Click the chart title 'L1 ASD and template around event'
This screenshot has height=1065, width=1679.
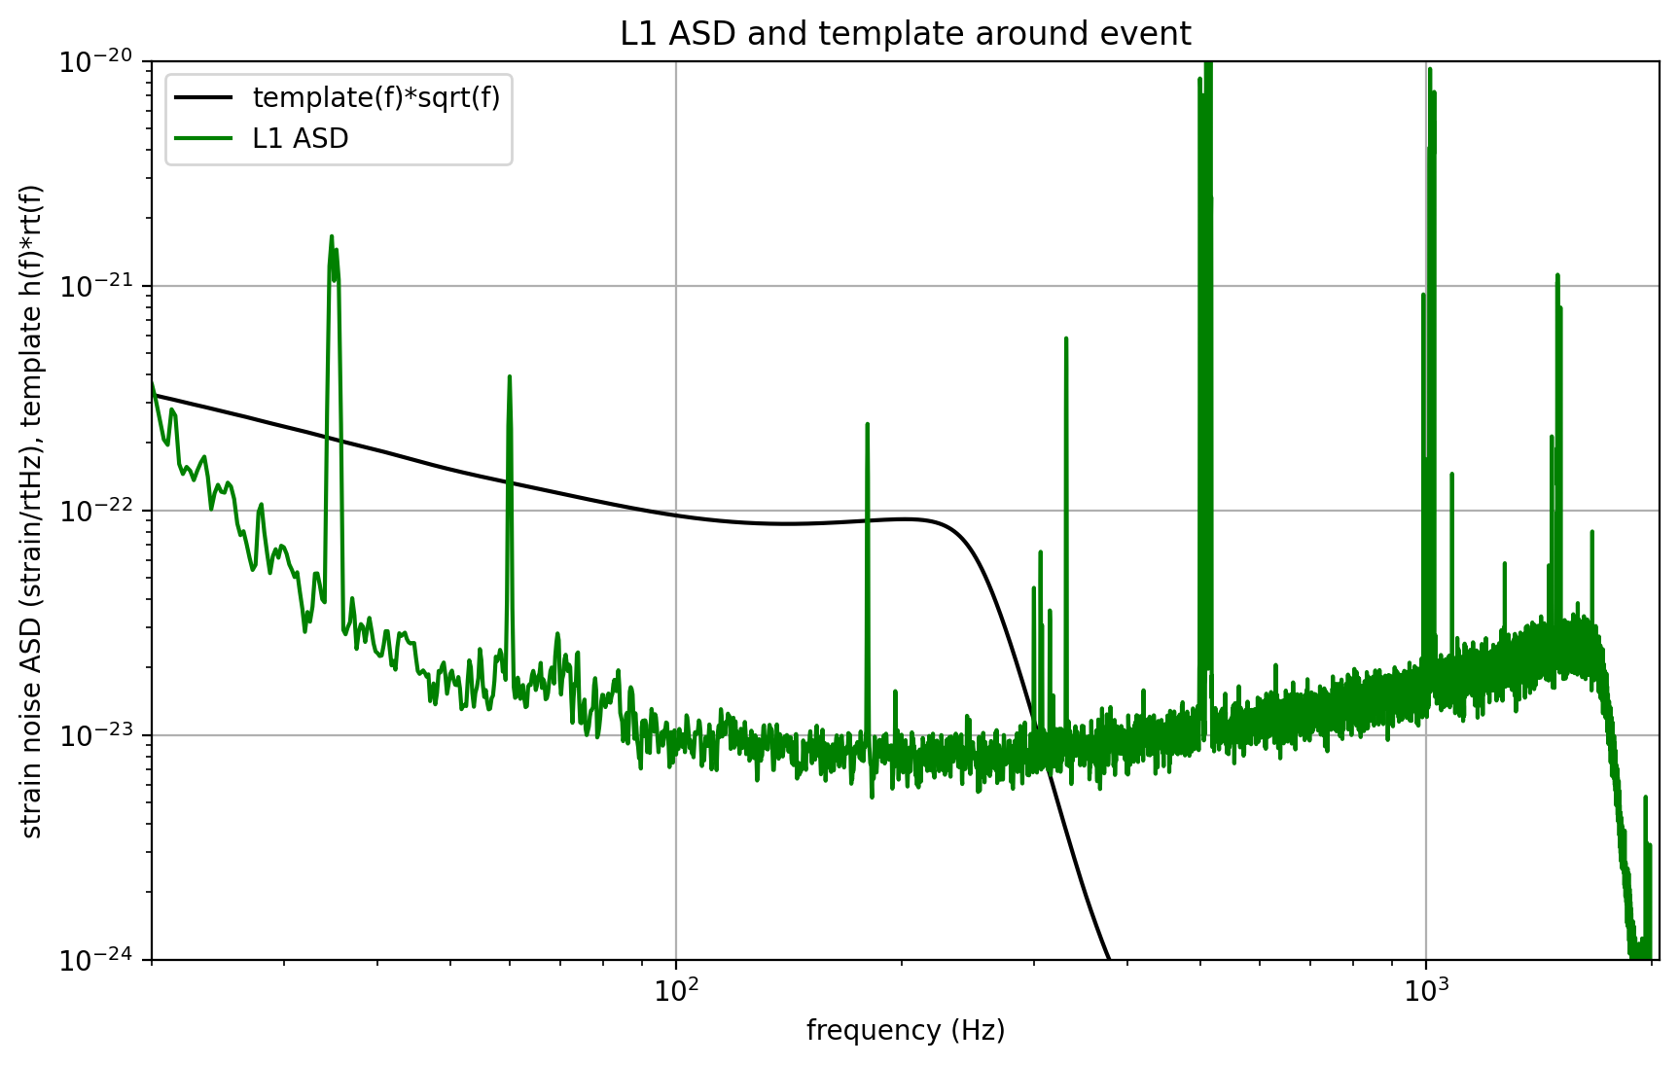[905, 34]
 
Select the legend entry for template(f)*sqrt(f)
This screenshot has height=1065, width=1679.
[375, 97]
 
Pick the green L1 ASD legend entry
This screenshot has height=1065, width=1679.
[300, 139]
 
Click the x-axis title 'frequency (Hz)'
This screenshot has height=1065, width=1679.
[905, 1030]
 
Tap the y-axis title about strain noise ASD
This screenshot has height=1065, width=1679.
[32, 511]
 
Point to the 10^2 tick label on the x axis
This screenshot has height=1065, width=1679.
[677, 991]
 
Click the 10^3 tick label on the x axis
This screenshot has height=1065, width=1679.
[1426, 991]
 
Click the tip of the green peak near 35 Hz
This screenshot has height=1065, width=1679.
[332, 236]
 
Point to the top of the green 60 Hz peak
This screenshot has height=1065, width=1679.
[510, 376]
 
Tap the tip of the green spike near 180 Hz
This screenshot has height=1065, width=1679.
[867, 424]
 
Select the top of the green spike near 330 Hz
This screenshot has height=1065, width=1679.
[1066, 338]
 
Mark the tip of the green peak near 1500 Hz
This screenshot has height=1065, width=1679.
[1557, 275]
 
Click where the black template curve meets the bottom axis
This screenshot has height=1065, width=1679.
[1109, 958]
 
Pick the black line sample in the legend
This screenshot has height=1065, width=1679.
[203, 97]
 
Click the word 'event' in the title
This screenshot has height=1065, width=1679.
[1154, 34]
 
